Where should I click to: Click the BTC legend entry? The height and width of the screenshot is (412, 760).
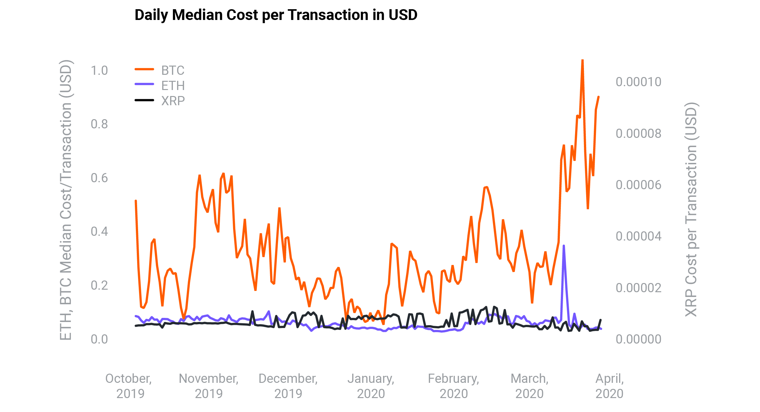pyautogui.click(x=173, y=70)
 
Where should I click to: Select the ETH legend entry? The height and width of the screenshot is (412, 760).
pyautogui.click(x=173, y=86)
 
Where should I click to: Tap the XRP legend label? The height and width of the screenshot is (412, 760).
pyautogui.click(x=173, y=101)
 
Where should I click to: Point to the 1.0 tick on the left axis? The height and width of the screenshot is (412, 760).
pyautogui.click(x=99, y=70)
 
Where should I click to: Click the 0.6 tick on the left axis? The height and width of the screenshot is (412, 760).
pyautogui.click(x=99, y=178)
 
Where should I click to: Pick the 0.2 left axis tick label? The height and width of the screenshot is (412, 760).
pyautogui.click(x=99, y=285)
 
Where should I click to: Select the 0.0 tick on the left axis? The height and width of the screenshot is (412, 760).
pyautogui.click(x=99, y=339)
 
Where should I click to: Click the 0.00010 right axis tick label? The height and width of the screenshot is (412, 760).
pyautogui.click(x=638, y=82)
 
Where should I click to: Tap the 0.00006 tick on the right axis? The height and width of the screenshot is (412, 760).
pyautogui.click(x=638, y=185)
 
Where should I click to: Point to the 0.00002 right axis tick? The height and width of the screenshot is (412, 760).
pyautogui.click(x=638, y=288)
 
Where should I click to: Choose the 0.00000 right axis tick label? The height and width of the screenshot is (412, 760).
pyautogui.click(x=638, y=339)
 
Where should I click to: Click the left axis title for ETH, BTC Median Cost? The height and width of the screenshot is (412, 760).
pyautogui.click(x=66, y=200)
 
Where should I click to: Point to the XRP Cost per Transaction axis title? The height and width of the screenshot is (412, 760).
pyautogui.click(x=691, y=209)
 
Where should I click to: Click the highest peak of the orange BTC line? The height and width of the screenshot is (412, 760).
pyautogui.click(x=582, y=60)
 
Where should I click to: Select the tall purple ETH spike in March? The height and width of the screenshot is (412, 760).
pyautogui.click(x=563, y=246)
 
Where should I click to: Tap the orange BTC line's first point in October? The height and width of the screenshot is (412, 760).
pyautogui.click(x=136, y=201)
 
